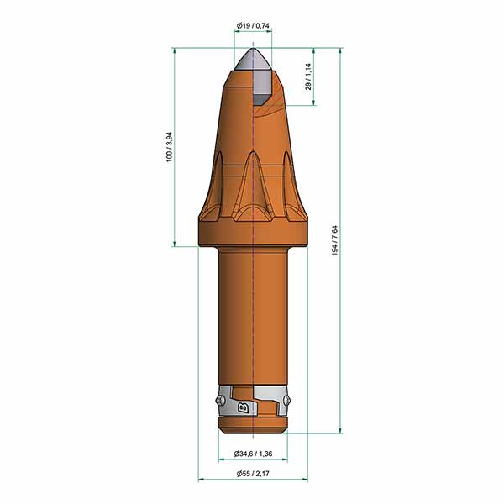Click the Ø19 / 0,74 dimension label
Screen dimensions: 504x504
[253, 26]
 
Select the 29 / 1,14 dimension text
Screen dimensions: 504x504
[308, 76]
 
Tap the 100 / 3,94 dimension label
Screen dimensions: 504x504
[170, 147]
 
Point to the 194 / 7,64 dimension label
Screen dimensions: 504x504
[335, 241]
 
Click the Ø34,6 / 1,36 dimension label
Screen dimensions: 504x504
[253, 454]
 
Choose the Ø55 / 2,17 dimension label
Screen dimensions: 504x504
[253, 474]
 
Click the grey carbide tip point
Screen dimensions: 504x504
[253, 49]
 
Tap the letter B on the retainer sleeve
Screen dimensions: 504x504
[244, 408]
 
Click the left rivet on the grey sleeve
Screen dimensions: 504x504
[219, 400]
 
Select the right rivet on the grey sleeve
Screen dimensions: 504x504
[287, 400]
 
